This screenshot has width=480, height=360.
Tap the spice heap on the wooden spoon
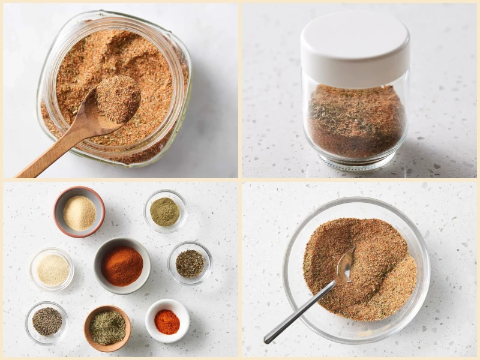click(118, 97)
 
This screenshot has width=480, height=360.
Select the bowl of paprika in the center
click(122, 266)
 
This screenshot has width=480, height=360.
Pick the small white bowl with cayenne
click(167, 322)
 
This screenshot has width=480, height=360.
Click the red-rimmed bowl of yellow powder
click(79, 212)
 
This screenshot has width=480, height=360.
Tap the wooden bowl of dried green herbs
click(107, 328)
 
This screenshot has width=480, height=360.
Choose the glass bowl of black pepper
click(47, 321)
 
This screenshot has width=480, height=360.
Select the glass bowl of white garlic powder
click(52, 270)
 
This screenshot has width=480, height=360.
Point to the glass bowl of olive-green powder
click(164, 212)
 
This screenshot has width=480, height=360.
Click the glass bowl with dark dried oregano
click(190, 263)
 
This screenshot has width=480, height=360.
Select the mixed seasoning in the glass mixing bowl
click(384, 282)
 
